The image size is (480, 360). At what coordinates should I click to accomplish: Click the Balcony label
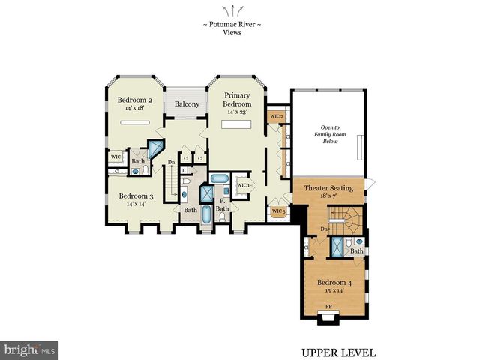[x=187, y=104]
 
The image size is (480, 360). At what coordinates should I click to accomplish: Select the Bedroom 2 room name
[x=135, y=99]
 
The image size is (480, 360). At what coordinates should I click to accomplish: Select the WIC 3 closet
[x=277, y=211]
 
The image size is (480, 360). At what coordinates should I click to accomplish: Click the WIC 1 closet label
[x=243, y=185]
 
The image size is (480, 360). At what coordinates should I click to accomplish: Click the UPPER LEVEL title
[x=338, y=352]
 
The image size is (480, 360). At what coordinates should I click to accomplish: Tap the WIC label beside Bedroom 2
[x=116, y=157]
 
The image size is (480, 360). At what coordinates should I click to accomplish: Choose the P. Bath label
[x=223, y=205]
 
